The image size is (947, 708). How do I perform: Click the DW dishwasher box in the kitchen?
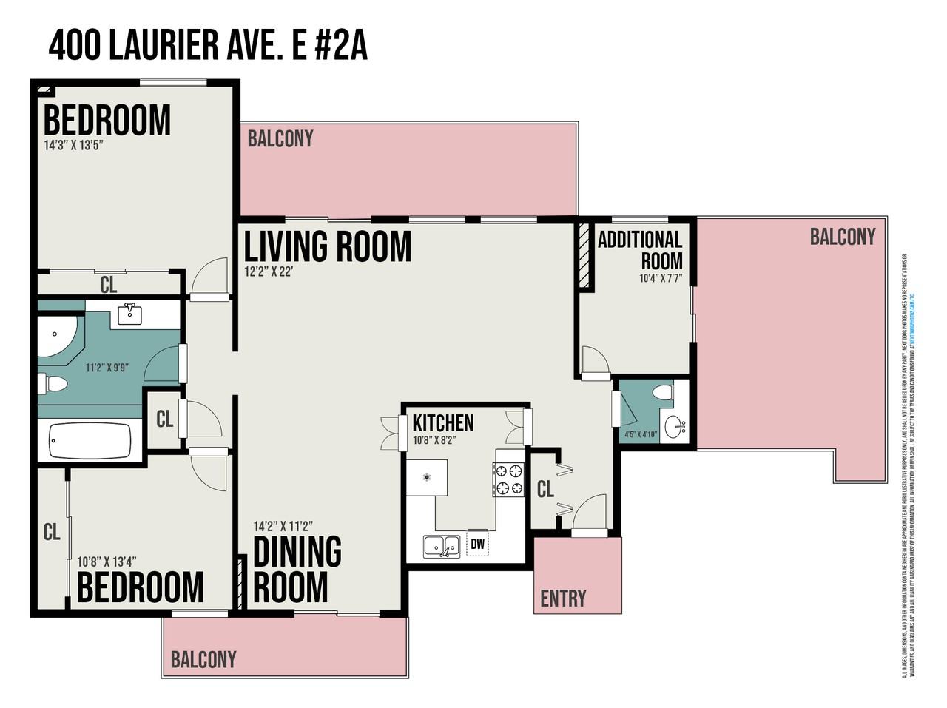(x=478, y=545)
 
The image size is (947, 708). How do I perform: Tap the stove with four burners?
(x=508, y=479)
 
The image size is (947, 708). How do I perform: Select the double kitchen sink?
(x=442, y=547)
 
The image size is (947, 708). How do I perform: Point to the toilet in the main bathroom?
(x=53, y=384)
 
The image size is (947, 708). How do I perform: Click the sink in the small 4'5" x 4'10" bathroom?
(x=675, y=427)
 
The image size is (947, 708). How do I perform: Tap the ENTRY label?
(x=563, y=598)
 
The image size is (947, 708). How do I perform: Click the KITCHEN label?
(x=442, y=423)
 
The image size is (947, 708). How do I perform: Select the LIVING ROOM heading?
(x=328, y=246)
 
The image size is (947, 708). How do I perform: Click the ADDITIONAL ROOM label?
(x=641, y=250)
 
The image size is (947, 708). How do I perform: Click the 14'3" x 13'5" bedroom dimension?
(x=73, y=145)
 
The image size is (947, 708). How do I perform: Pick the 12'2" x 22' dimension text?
(x=270, y=272)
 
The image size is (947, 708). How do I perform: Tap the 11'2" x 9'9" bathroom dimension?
(x=107, y=367)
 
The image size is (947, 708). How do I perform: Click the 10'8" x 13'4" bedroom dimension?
(x=107, y=562)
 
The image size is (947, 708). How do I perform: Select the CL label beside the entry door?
(x=545, y=489)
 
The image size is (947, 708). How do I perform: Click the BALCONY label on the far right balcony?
(x=842, y=237)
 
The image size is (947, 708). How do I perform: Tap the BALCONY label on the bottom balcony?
(x=203, y=659)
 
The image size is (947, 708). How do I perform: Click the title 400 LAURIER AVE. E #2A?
(x=208, y=47)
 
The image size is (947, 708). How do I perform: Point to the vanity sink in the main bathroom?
(x=130, y=313)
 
